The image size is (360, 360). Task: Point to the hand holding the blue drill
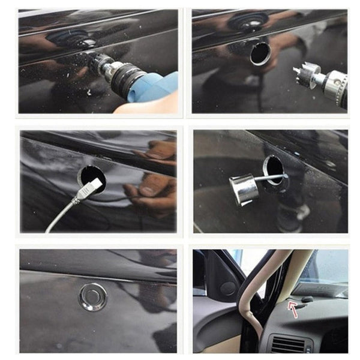[147, 106]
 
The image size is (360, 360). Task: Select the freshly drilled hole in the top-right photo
[260, 53]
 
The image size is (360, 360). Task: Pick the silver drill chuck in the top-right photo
[334, 84]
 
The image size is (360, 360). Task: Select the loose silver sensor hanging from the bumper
[244, 190]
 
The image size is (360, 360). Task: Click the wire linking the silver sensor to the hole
[270, 178]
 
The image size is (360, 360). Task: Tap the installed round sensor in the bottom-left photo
[93, 296]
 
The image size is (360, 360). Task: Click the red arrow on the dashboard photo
[293, 309]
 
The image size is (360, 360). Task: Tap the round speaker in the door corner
[227, 289]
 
